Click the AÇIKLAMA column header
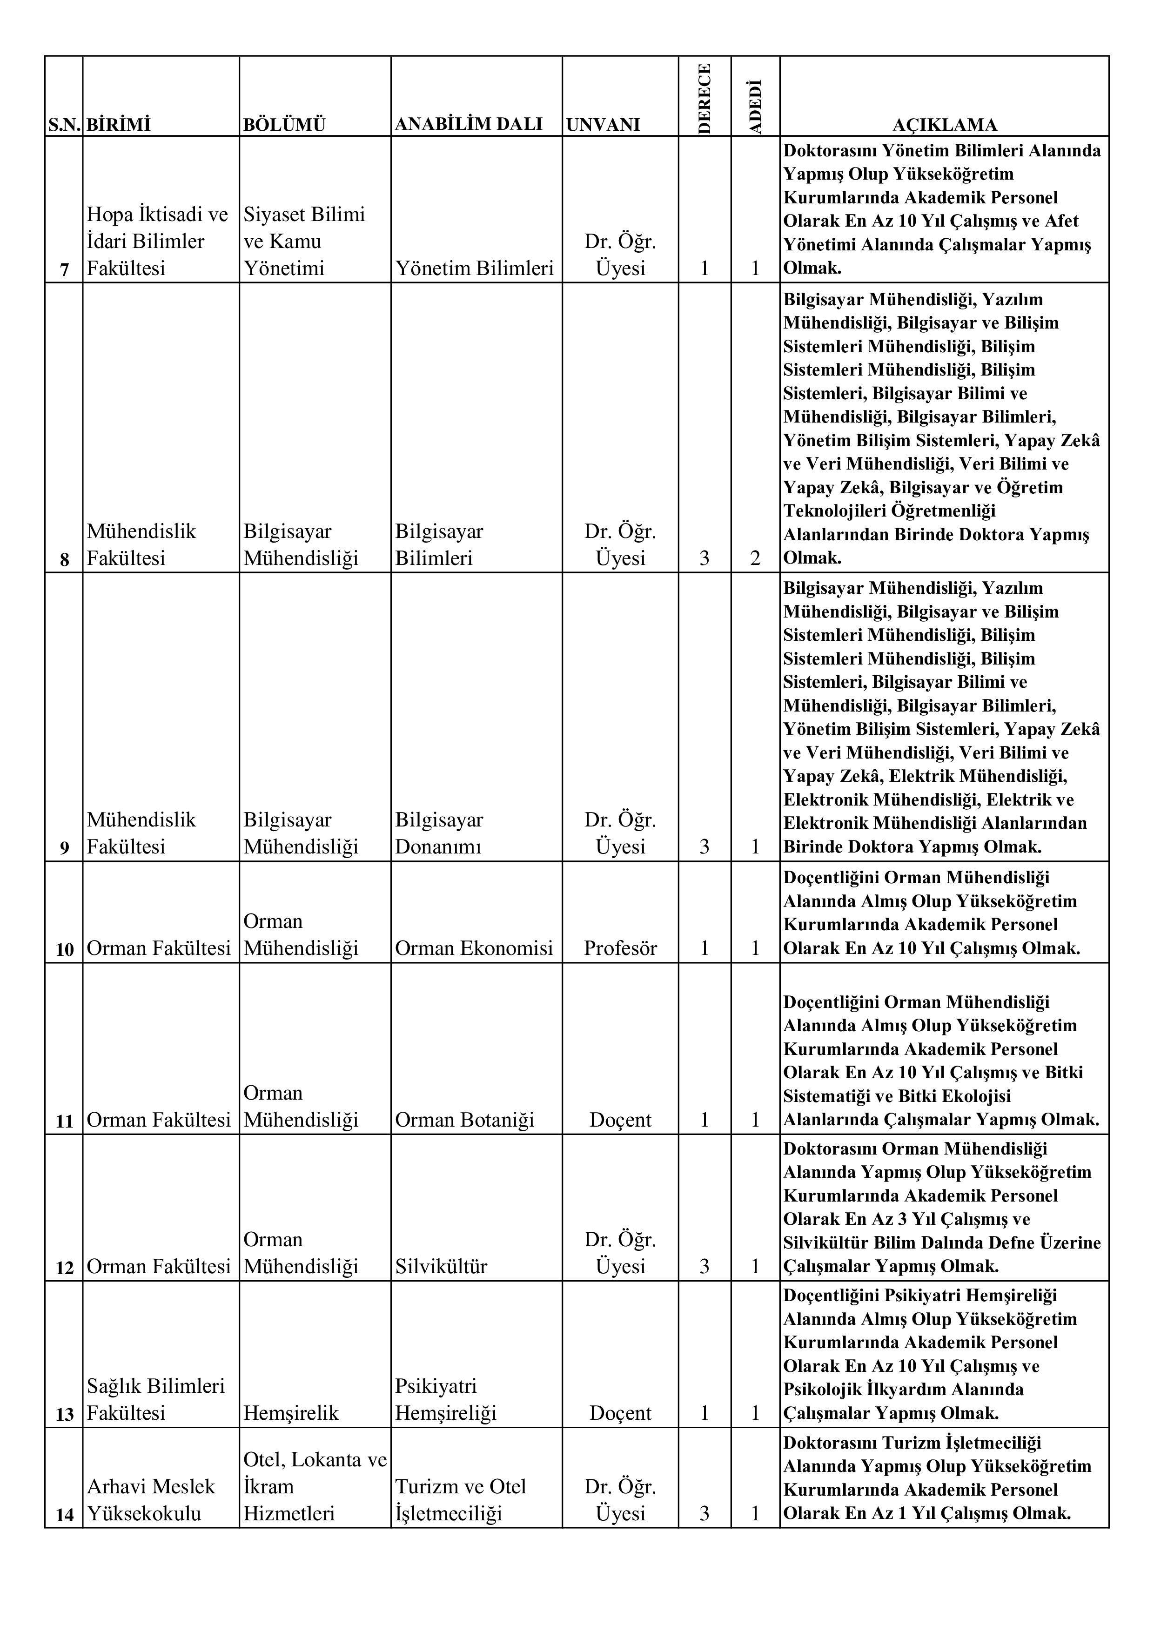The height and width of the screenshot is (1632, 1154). click(x=945, y=125)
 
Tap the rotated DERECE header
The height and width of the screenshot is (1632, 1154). click(x=704, y=98)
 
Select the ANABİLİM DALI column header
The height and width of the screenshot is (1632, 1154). click(x=468, y=124)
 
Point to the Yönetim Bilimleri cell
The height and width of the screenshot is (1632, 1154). click(x=474, y=268)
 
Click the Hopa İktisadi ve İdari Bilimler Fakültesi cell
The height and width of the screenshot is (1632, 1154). click(x=158, y=241)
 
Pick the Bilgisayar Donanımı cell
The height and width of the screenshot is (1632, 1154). click(x=439, y=833)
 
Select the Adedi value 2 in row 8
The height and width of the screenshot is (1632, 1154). click(x=755, y=558)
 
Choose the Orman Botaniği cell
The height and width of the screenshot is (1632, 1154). click(x=465, y=1120)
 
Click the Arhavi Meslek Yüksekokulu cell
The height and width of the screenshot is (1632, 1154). click(x=151, y=1500)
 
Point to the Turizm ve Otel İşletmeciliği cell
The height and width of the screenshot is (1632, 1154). click(x=461, y=1500)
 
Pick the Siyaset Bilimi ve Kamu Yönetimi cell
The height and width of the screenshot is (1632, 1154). click(x=304, y=241)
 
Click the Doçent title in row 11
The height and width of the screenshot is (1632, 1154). click(x=620, y=1120)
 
